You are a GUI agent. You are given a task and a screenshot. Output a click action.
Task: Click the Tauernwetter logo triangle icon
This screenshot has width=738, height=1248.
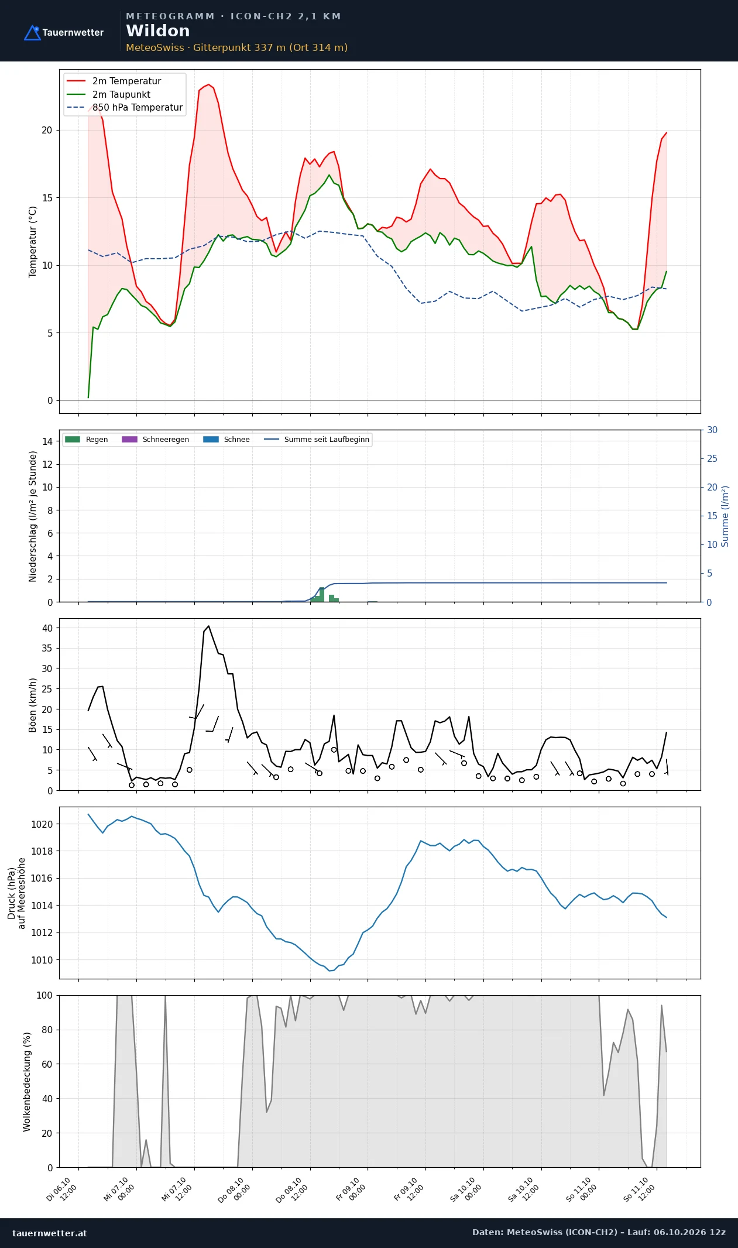tap(32, 33)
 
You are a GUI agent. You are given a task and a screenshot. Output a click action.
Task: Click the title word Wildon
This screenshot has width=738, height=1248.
tap(158, 31)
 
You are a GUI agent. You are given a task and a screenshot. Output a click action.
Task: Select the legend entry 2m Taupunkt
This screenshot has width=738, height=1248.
tap(109, 94)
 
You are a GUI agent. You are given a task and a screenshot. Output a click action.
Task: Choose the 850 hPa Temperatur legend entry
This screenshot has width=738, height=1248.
tap(125, 108)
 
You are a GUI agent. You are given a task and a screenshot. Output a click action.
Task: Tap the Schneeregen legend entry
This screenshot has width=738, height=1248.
tap(155, 440)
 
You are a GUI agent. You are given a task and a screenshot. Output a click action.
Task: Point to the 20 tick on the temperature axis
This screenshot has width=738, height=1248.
tap(47, 130)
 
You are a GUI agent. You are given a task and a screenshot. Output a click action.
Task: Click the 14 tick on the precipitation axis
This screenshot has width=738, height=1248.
tap(47, 441)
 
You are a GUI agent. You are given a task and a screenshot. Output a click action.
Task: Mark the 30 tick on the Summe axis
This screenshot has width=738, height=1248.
tap(712, 430)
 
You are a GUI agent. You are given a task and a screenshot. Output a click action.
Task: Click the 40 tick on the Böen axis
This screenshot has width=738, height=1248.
tap(47, 628)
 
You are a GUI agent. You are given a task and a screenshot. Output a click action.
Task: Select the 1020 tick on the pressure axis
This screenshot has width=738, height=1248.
tap(42, 824)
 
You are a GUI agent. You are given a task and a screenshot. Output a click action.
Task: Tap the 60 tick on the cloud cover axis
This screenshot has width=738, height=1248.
tap(47, 1064)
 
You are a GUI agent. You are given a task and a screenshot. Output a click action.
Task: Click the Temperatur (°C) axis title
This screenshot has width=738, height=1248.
tap(33, 242)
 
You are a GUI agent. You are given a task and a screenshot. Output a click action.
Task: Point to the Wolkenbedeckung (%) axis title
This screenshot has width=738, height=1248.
tap(27, 1082)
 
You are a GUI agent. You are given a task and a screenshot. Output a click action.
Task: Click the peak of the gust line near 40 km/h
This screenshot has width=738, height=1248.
tap(208, 626)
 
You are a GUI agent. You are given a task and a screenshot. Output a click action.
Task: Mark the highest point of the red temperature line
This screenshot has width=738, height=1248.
tap(208, 84)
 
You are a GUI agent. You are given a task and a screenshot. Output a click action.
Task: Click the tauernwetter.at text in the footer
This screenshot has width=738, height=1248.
tap(50, 1233)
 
